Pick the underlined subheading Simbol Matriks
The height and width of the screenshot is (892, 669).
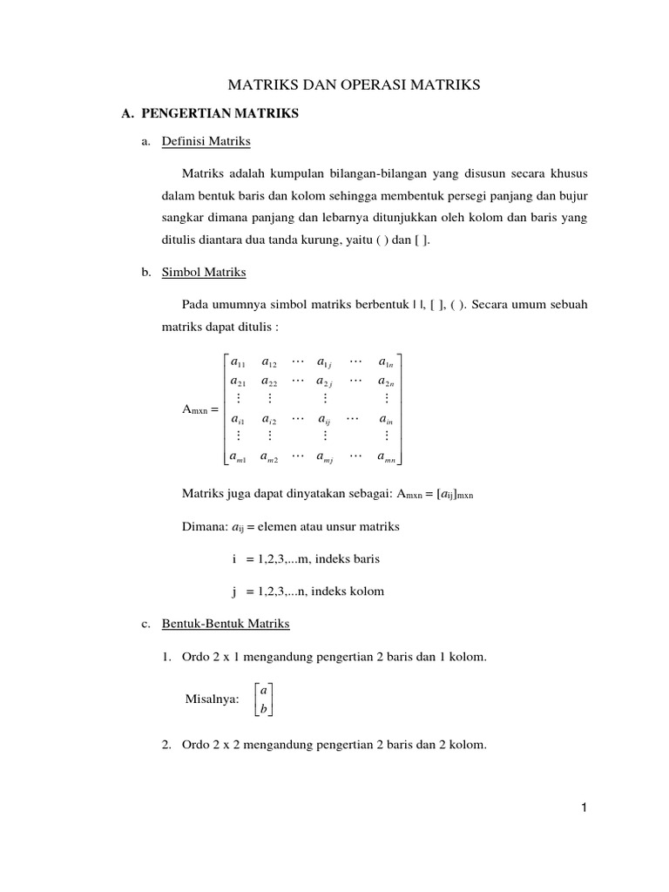pos(203,273)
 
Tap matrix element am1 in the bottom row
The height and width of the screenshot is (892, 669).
pos(237,456)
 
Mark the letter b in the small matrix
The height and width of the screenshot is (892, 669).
pos(263,709)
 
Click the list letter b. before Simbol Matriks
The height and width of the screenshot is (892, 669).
pos(145,273)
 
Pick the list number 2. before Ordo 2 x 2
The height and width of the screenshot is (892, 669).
pos(166,745)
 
